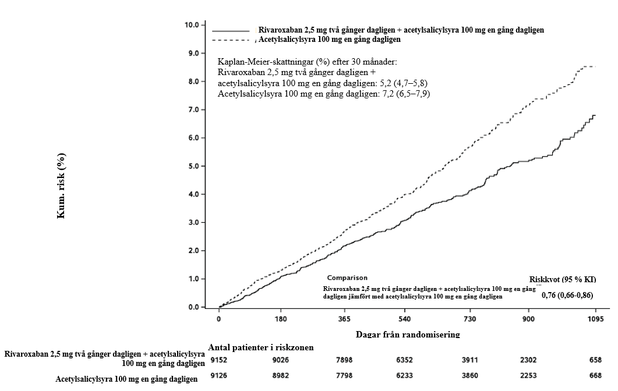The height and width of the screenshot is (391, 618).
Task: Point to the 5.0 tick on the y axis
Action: tap(192, 166)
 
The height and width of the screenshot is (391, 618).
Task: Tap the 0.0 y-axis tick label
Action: tap(192, 307)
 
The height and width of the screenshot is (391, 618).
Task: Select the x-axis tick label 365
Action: tap(344, 319)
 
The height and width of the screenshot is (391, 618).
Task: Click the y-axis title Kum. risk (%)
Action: tap(61, 186)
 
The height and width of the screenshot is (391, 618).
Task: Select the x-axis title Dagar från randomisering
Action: tap(408, 335)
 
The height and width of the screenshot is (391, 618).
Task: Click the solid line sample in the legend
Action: tap(231, 30)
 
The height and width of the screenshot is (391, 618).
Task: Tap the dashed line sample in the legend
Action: tap(231, 40)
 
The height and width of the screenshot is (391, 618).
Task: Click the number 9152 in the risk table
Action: tap(218, 360)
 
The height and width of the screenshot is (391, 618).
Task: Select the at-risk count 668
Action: tap(595, 376)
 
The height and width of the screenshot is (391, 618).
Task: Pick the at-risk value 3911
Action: tap(469, 360)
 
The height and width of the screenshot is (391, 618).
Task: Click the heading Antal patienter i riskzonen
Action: tap(261, 347)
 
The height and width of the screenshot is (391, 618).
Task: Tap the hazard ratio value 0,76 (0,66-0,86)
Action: tap(567, 296)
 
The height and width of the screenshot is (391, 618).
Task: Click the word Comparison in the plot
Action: tap(347, 278)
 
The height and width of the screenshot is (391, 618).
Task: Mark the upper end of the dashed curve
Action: tap(595, 66)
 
